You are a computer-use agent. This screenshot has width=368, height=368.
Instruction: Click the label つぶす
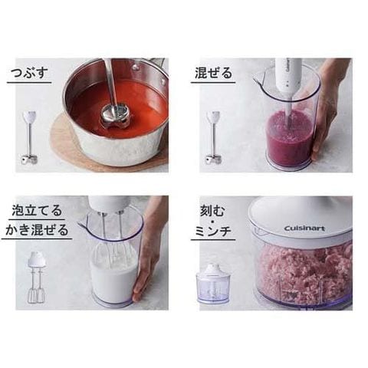[30, 74]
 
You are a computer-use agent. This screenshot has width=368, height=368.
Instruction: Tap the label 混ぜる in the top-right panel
[213, 73]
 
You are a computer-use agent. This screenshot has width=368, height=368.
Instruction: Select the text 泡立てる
[37, 211]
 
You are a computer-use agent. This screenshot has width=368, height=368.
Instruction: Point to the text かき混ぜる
[37, 230]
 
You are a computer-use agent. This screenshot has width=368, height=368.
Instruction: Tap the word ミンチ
[213, 232]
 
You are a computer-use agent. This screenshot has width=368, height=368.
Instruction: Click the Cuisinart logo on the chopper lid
[304, 228]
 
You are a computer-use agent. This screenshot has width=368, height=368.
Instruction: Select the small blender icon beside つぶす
[29, 137]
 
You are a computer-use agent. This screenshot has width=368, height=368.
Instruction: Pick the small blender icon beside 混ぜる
[213, 137]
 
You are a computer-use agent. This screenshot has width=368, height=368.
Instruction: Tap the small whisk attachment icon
[37, 278]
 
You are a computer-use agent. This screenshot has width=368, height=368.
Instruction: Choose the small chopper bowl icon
[212, 284]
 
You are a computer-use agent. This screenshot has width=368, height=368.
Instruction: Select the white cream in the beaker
[113, 276]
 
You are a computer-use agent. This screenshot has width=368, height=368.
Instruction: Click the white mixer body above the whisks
[109, 204]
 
